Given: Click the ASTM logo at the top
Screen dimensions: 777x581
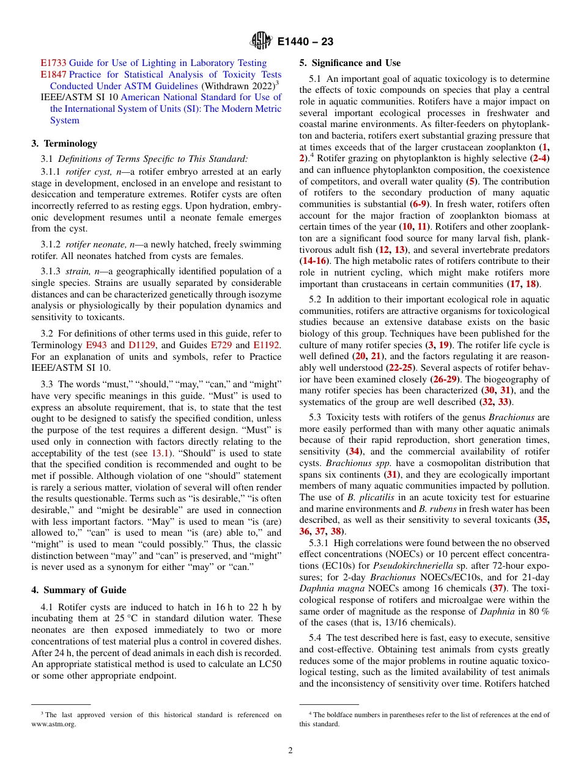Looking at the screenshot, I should [x=261, y=42].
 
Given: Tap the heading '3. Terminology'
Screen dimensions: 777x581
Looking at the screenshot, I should [x=64, y=144].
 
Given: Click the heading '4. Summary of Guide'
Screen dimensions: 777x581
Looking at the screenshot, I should [x=79, y=590].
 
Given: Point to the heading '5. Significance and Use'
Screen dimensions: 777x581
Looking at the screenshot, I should [x=350, y=63].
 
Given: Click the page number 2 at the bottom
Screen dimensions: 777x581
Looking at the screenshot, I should [x=290, y=751].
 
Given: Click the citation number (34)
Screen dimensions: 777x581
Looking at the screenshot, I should [x=354, y=451].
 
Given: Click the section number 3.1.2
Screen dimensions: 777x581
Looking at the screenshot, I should [x=52, y=244].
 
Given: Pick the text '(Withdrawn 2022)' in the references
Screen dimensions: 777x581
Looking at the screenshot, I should [x=237, y=86].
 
